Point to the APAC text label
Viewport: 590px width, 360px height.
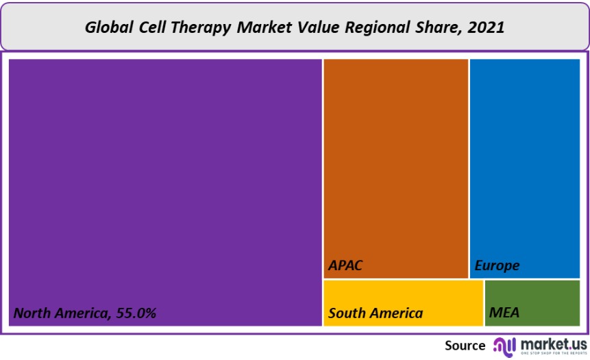coord(345,265)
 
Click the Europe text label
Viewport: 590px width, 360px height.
coord(497,265)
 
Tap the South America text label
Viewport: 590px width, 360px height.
coord(376,313)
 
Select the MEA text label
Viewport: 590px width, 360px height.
coord(504,313)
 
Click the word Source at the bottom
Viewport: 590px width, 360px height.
coord(465,346)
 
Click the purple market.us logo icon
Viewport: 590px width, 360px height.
coord(504,346)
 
